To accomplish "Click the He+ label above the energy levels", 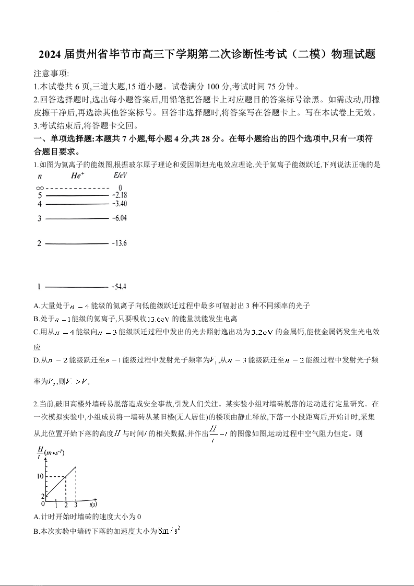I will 78,176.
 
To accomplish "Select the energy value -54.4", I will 119,287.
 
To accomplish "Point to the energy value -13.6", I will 119,243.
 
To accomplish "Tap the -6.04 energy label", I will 119,218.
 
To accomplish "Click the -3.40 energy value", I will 119,204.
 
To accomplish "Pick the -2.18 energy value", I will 119,195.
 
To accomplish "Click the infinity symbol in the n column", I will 40,187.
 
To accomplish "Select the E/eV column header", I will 120,176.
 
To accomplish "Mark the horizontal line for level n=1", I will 76,287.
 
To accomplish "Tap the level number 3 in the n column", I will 39,218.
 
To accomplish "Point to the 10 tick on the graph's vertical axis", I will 40,476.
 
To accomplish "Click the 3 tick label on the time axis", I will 76,505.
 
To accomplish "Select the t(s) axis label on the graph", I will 92,505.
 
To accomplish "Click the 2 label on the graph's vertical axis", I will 42,496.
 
